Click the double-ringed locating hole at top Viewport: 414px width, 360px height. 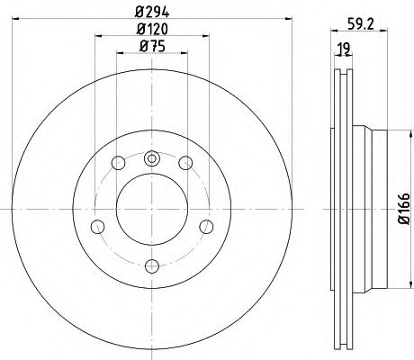[x=151, y=159]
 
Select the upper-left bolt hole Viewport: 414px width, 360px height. [x=118, y=163]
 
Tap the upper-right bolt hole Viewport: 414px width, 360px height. [x=184, y=163]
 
